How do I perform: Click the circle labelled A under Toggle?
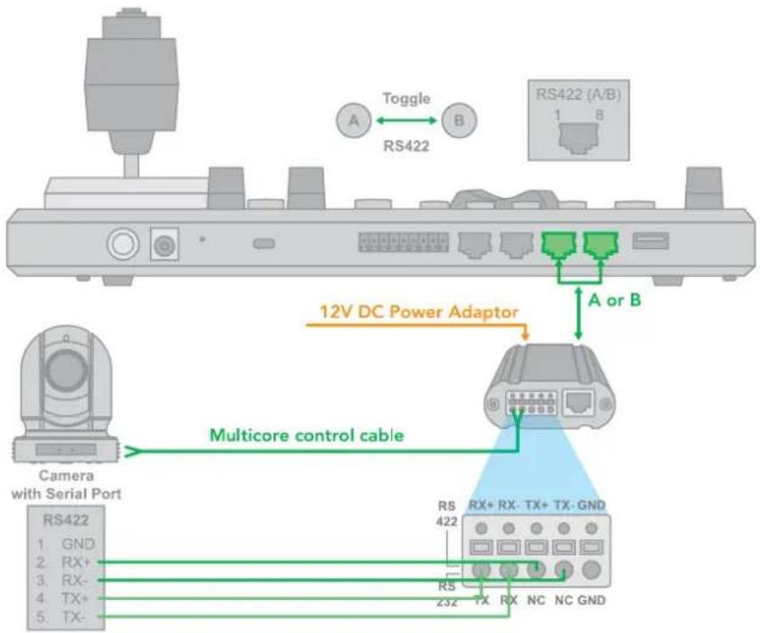click(x=353, y=120)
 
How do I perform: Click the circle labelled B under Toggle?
click(x=459, y=120)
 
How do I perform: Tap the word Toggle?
click(x=407, y=99)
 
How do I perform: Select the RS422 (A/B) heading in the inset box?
click(x=578, y=94)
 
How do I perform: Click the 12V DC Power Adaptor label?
click(x=419, y=312)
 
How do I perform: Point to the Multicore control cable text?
click(x=307, y=435)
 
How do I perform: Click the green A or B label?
click(x=614, y=300)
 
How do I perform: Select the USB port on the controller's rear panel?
click(x=650, y=241)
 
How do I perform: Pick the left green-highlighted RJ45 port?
click(x=559, y=245)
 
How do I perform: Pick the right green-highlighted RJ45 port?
click(x=601, y=245)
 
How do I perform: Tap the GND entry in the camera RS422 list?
click(x=78, y=544)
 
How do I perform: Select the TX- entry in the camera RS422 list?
click(x=73, y=617)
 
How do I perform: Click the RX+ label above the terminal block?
click(x=481, y=505)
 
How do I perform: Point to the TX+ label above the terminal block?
click(x=537, y=505)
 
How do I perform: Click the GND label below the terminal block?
click(x=592, y=601)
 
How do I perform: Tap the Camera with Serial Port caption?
click(x=67, y=485)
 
